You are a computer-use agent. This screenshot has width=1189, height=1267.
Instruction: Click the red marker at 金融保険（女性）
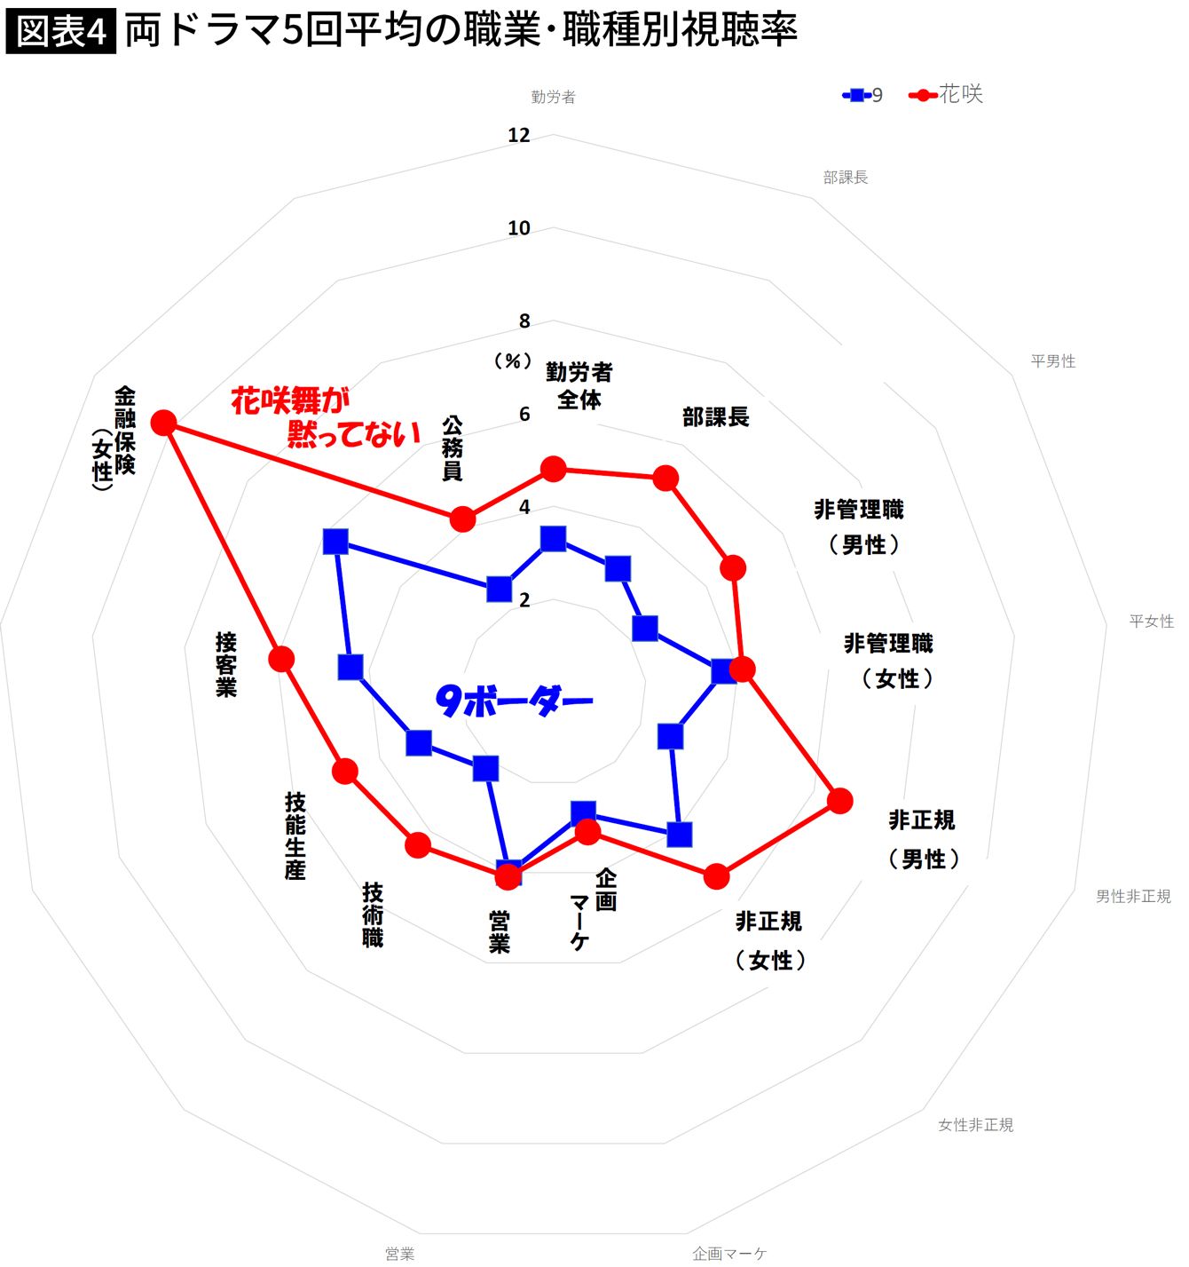pyautogui.click(x=164, y=423)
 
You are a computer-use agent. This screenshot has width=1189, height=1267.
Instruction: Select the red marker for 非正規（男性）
pyautogui.click(x=840, y=801)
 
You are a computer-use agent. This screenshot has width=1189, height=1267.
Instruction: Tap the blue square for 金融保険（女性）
pyautogui.click(x=335, y=541)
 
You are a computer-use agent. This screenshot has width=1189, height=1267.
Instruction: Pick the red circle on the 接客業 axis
pyautogui.click(x=281, y=659)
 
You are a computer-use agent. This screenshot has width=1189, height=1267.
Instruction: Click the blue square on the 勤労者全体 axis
pyautogui.click(x=553, y=538)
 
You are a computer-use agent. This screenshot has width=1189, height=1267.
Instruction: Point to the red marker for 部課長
pyautogui.click(x=665, y=478)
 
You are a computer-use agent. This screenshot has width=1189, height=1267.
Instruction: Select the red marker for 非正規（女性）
pyautogui.click(x=716, y=876)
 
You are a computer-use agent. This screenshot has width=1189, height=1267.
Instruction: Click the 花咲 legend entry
pyautogui.click(x=945, y=95)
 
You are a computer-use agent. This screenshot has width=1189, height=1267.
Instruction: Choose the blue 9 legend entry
pyautogui.click(x=862, y=96)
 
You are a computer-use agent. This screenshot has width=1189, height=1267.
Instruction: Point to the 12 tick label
pyautogui.click(x=519, y=135)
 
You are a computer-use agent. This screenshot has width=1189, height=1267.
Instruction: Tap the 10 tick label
pyautogui.click(x=519, y=228)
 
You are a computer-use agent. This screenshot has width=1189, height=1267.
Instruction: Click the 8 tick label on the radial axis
pyautogui.click(x=524, y=321)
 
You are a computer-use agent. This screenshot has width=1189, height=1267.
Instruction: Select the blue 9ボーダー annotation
pyautogui.click(x=514, y=701)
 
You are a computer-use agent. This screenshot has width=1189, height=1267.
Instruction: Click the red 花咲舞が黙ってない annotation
pyautogui.click(x=326, y=417)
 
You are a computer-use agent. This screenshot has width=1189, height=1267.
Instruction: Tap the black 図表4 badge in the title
pyautogui.click(x=61, y=30)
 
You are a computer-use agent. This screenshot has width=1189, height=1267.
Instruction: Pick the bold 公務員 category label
pyautogui.click(x=453, y=447)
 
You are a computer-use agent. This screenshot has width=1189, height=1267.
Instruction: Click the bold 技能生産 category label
pyautogui.click(x=295, y=836)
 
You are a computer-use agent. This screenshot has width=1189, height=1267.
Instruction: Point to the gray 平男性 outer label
pyautogui.click(x=1053, y=361)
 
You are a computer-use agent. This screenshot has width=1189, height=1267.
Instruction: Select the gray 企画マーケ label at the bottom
pyautogui.click(x=729, y=1254)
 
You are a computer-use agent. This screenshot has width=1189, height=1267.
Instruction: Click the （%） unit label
pyautogui.click(x=512, y=361)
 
